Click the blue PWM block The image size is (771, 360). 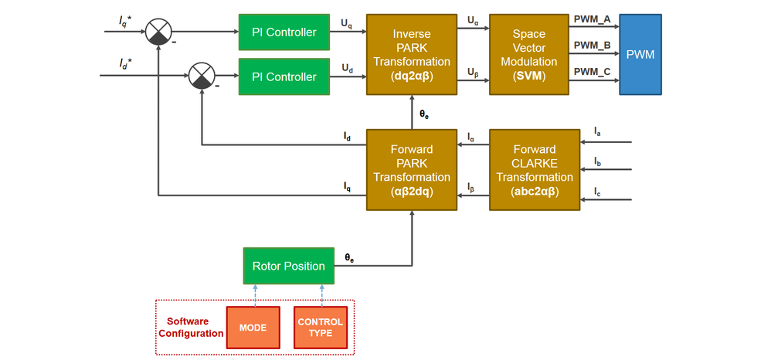coord(640,54)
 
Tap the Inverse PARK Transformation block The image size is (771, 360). coord(412,54)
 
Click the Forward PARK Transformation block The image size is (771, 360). coord(412,170)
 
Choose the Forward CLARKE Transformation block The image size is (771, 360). coord(534,170)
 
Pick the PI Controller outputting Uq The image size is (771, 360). coord(284,32)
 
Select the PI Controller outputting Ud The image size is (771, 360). coord(284,76)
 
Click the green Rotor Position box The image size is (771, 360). coord(288,266)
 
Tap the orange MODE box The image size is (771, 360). coord(253,328)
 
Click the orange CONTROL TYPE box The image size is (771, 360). coord(320,328)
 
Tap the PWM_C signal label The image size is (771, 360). coord(593,73)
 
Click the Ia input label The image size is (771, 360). coord(597,132)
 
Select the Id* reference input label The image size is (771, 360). coord(125,64)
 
